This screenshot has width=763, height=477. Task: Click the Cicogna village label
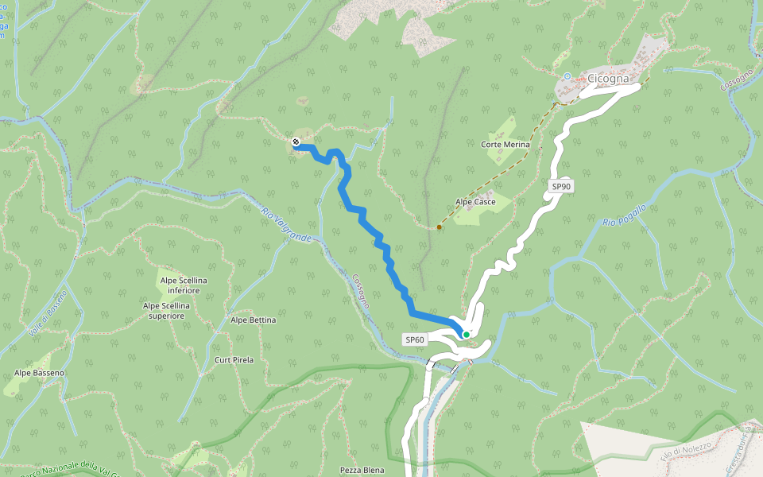pyautogui.click(x=608, y=79)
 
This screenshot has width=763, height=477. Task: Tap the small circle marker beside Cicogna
pyautogui.click(x=567, y=76)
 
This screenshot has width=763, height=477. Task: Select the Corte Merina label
pyautogui.click(x=505, y=145)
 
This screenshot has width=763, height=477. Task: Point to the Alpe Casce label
pyautogui.click(x=475, y=202)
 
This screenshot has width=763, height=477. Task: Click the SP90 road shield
pyautogui.click(x=561, y=187)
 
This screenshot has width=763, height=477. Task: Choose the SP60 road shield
pyautogui.click(x=415, y=339)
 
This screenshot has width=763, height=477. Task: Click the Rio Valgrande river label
pyautogui.click(x=285, y=224)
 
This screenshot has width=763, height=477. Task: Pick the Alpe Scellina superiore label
pyautogui.click(x=167, y=310)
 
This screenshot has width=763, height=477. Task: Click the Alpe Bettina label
pyautogui.click(x=253, y=320)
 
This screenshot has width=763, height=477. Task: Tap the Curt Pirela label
pyautogui.click(x=234, y=360)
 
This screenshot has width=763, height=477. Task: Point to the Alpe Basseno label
pyautogui.click(x=39, y=373)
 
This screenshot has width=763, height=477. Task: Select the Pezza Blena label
pyautogui.click(x=362, y=471)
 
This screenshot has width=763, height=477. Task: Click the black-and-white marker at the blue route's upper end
pyautogui.click(x=296, y=142)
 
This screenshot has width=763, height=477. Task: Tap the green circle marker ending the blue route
pyautogui.click(x=467, y=335)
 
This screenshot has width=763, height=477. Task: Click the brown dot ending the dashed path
pyautogui.click(x=439, y=227)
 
